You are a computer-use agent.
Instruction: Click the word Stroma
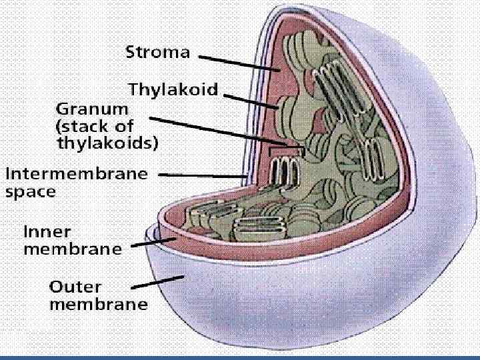tap(157, 53)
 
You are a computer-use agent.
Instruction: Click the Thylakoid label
tap(173, 89)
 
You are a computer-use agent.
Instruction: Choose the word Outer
tap(76, 287)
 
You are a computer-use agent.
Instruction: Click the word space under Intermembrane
tap(31, 192)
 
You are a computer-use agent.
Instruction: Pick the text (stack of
tap(95, 125)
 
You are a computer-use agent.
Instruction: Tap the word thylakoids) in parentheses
tap(107, 141)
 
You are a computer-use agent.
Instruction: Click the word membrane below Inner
tap(73, 250)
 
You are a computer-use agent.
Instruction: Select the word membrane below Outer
tap(99, 305)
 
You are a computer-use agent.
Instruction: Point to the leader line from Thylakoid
tap(251, 101)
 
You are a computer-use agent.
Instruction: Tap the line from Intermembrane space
tap(207, 175)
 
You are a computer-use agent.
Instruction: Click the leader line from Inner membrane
tap(153, 242)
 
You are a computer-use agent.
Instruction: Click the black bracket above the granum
tap(286, 151)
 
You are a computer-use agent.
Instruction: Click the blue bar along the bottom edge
tap(240, 357)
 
